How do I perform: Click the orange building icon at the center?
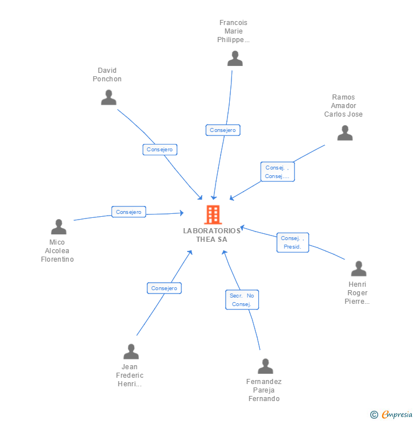click(x=213, y=214)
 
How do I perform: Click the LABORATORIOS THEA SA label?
click(x=212, y=235)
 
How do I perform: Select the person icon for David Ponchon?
click(x=108, y=98)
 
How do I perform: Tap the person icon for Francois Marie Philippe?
click(x=234, y=59)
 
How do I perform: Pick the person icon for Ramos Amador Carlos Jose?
click(x=345, y=133)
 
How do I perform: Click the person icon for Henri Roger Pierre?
click(x=358, y=269)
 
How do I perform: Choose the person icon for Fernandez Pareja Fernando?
click(x=265, y=366)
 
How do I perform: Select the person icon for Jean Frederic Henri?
click(x=131, y=352)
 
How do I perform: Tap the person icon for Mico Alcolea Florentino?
click(x=59, y=227)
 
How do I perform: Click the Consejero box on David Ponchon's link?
click(x=160, y=150)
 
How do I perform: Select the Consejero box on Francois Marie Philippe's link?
click(x=223, y=130)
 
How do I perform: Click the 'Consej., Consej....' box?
click(x=278, y=172)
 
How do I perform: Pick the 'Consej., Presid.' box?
click(x=293, y=242)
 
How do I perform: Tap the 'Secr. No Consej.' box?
click(x=242, y=300)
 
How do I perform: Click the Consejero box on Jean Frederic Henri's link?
click(x=164, y=288)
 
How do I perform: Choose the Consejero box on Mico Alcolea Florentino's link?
click(x=129, y=212)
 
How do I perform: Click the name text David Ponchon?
click(x=107, y=75)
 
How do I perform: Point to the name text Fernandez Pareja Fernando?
click(x=264, y=390)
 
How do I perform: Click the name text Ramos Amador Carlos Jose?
click(x=343, y=106)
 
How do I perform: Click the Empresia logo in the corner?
click(x=392, y=415)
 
